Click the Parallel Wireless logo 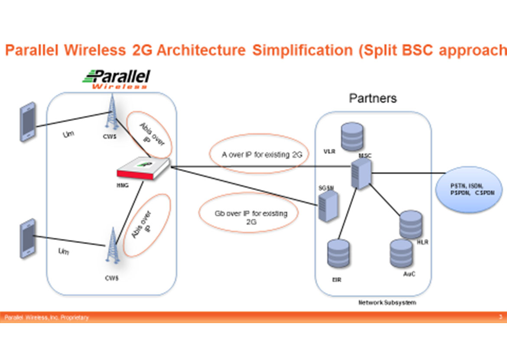coord(117,79)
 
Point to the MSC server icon coord(361,173)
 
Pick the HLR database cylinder coord(410,224)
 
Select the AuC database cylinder coord(401,253)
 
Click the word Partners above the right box coord(373,98)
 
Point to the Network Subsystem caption coord(387,302)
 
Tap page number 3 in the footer coord(500,317)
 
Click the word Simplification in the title coord(302,50)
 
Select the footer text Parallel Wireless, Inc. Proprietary coord(47,318)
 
